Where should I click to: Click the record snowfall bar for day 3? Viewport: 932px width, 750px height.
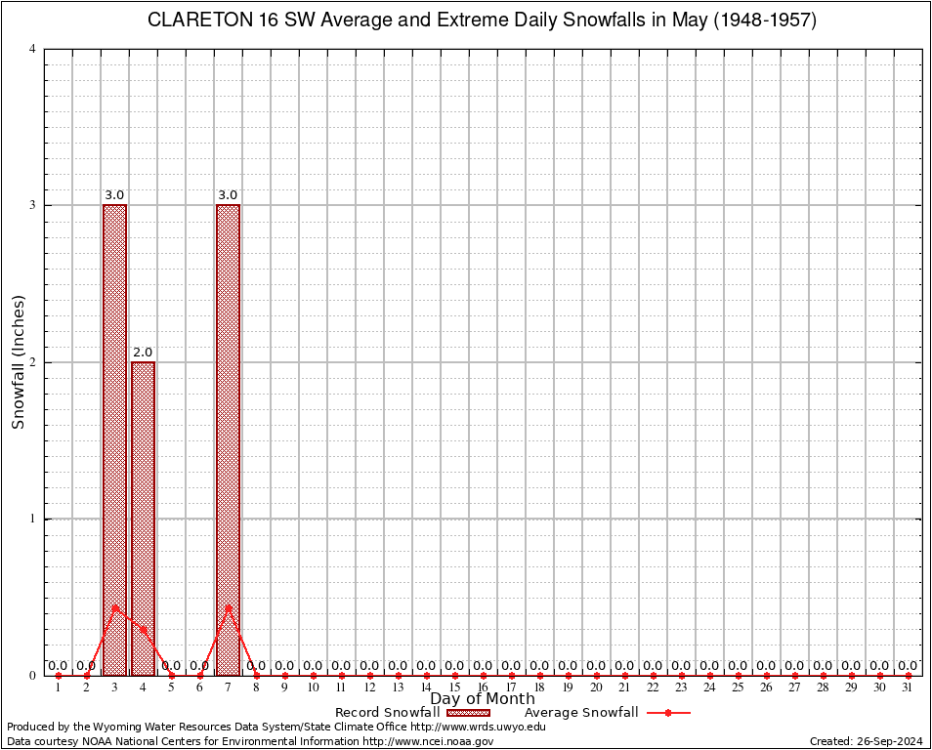(114, 439)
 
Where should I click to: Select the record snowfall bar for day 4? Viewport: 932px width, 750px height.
(143, 518)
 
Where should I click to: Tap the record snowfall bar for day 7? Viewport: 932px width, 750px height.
(228, 439)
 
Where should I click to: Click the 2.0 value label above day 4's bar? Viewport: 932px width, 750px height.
(143, 352)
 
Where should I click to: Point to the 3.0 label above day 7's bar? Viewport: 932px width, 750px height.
(228, 195)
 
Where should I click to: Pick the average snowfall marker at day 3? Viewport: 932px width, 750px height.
(114, 607)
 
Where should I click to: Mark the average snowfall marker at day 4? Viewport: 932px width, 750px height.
(143, 630)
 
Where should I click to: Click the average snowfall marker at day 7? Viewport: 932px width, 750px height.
(228, 607)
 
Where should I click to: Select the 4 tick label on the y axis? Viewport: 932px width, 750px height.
(33, 49)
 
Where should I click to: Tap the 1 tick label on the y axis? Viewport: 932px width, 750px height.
(33, 519)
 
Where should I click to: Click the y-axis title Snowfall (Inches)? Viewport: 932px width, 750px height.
(19, 361)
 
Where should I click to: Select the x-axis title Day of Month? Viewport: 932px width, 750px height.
(483, 699)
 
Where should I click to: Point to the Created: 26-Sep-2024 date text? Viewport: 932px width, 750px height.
(867, 741)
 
